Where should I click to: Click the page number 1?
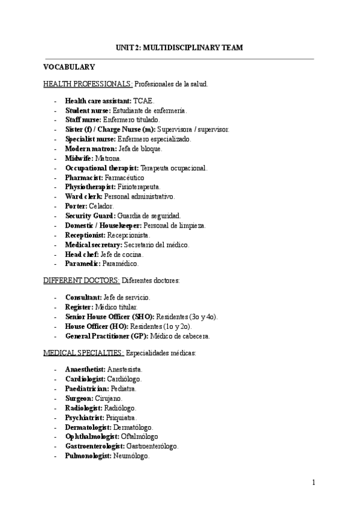313,482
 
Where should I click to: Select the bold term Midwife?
77,158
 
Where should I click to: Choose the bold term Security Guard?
89,215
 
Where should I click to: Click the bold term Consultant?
83,298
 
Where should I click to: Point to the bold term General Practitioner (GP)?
106,336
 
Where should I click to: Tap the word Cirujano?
108,398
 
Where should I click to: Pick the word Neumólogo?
130,456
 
